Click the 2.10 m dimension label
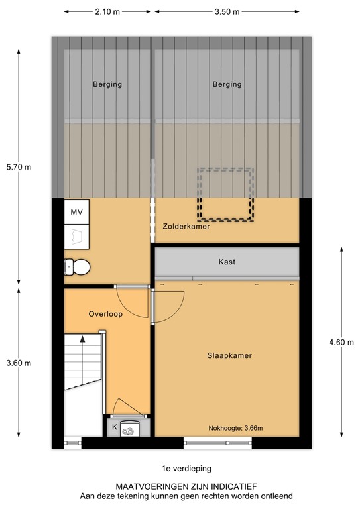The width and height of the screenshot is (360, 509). [x=107, y=12]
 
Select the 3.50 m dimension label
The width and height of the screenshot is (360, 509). [x=227, y=12]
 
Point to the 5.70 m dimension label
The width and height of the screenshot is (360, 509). [x=18, y=166]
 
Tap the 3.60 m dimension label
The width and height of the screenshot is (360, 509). [x=18, y=363]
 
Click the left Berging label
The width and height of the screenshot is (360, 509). [x=106, y=84]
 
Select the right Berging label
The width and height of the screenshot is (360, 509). [x=227, y=84]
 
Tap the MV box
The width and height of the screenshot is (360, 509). [x=76, y=213]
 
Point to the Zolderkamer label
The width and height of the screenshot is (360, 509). [x=186, y=227]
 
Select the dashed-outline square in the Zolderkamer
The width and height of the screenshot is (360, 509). [x=225, y=194]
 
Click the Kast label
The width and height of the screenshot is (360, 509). [x=227, y=262]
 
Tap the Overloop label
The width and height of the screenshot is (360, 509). [x=105, y=314]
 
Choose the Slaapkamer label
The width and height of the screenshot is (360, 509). [x=229, y=355]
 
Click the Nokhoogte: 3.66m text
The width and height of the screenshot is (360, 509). [x=235, y=428]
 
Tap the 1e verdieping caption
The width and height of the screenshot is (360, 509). [x=179, y=468]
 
